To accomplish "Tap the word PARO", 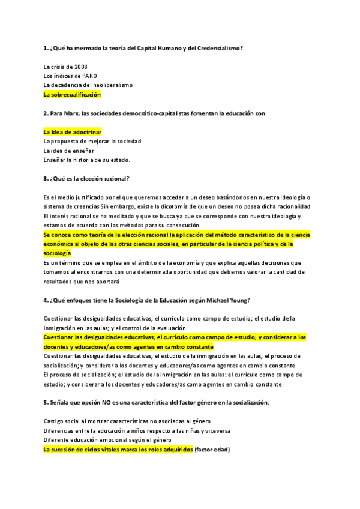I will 81,76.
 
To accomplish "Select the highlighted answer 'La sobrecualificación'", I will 72,95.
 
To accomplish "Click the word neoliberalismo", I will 112,85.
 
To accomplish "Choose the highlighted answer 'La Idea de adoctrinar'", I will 73,131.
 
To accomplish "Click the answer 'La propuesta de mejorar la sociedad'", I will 92,141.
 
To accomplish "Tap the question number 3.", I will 46,178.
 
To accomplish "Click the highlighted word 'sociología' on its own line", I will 57,254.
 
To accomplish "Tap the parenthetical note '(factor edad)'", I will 212,450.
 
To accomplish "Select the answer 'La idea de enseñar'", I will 69,151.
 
